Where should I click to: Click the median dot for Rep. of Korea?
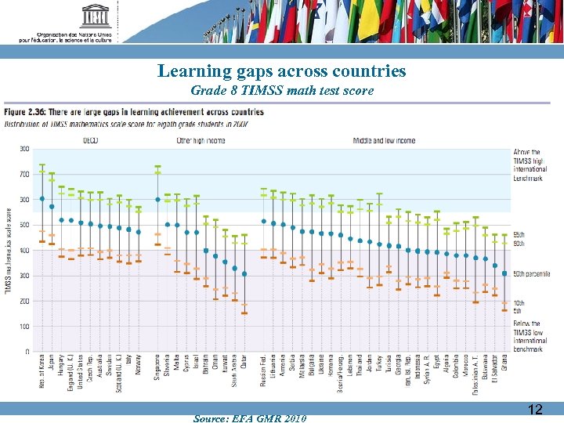(42, 199)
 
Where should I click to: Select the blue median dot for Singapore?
(157, 199)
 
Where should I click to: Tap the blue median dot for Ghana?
(504, 273)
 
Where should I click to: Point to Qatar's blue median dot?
(244, 274)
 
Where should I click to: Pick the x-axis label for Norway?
(139, 371)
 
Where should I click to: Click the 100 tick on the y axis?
(24, 326)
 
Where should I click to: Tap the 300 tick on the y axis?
(24, 276)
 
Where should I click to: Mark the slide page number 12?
(535, 409)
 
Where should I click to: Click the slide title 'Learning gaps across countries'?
(281, 71)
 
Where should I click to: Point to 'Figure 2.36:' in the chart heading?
(29, 112)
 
